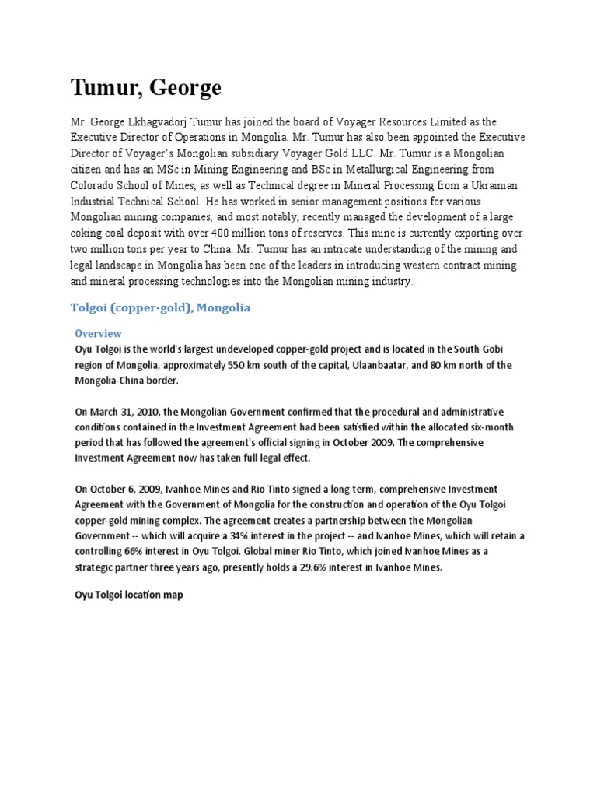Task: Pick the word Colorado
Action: pyautogui.click(x=96, y=186)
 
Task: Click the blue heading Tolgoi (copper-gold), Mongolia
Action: pyautogui.click(x=160, y=307)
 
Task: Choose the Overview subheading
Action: pyautogui.click(x=98, y=333)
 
